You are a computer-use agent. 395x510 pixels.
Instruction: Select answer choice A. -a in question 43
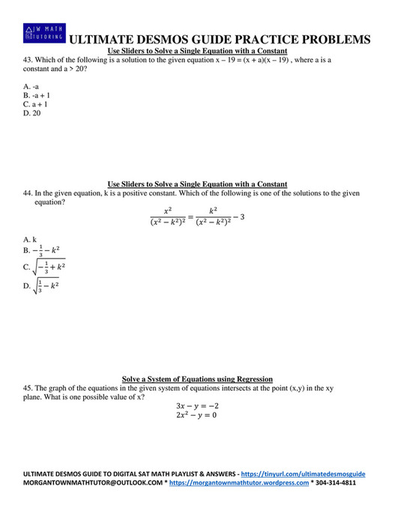31,87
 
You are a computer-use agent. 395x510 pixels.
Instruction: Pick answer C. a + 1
35,105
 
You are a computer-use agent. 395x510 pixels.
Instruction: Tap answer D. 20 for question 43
31,114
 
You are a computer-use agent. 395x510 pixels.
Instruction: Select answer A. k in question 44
30,240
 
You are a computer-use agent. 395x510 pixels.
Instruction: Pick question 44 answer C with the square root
44,267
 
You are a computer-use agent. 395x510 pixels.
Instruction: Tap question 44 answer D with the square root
42,285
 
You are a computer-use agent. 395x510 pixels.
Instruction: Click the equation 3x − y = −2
197,405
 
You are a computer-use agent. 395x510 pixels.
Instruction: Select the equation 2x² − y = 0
197,415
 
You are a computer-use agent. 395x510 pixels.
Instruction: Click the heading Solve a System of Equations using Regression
197,379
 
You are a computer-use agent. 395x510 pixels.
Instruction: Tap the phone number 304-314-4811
336,483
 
